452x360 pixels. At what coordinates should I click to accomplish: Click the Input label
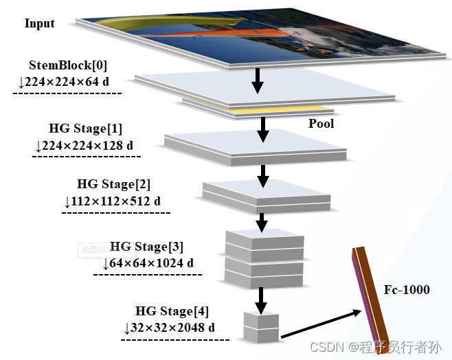pyautogui.click(x=39, y=23)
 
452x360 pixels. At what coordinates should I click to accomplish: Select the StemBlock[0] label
pyautogui.click(x=68, y=65)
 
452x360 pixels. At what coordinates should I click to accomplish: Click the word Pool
pyautogui.click(x=321, y=124)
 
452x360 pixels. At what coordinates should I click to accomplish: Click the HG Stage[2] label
pyautogui.click(x=113, y=184)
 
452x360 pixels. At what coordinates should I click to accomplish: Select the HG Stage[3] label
pyautogui.click(x=146, y=246)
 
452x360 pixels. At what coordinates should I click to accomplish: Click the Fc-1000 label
pyautogui.click(x=407, y=289)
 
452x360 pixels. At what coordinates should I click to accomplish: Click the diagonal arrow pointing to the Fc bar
pyautogui.click(x=321, y=324)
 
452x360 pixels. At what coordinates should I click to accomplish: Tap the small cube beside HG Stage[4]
pyautogui.click(x=261, y=326)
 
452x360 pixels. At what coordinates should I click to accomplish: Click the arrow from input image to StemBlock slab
pyautogui.click(x=258, y=80)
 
